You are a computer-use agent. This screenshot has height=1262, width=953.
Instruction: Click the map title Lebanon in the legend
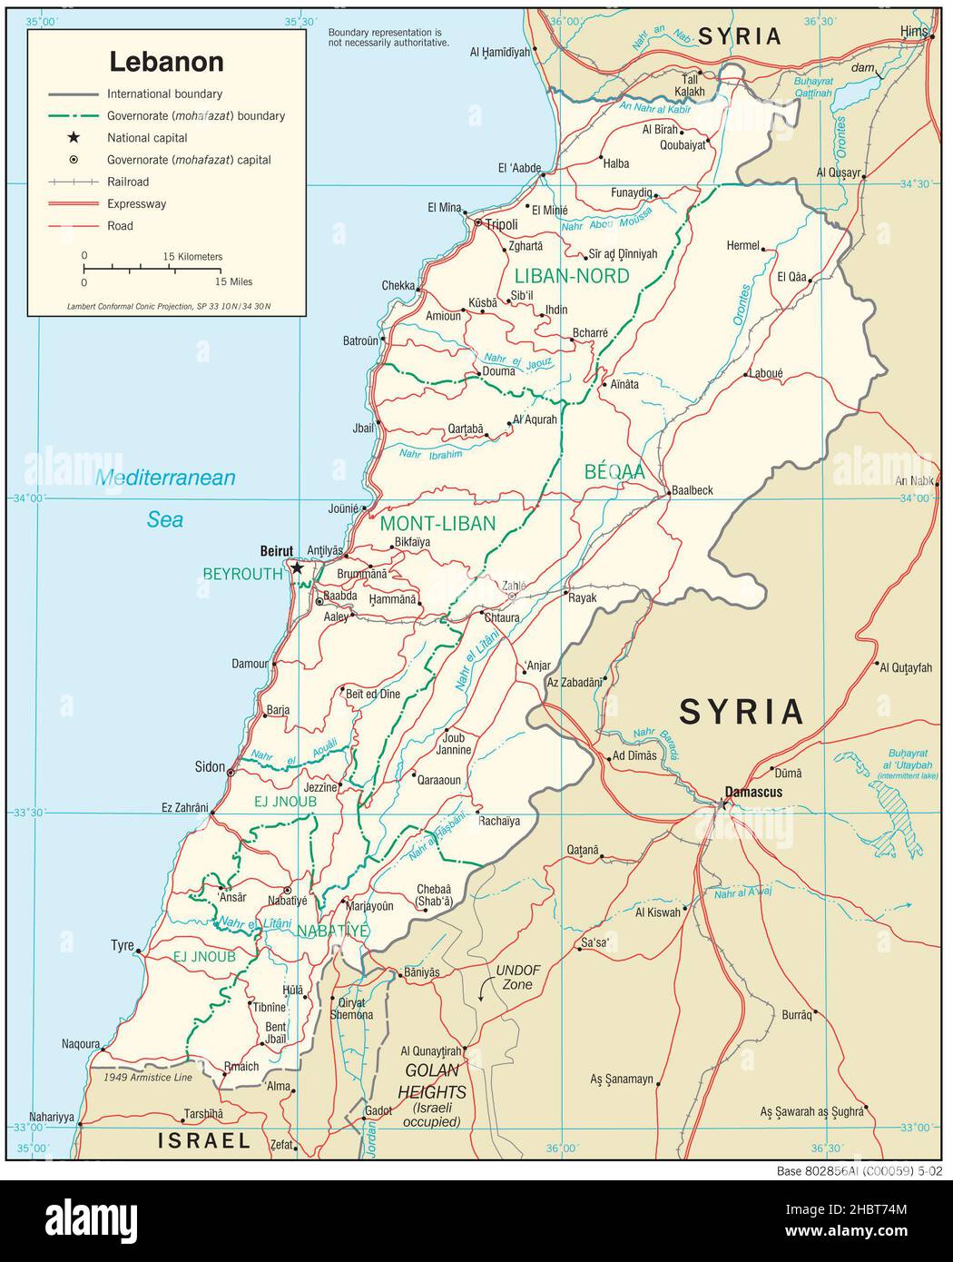tap(166, 61)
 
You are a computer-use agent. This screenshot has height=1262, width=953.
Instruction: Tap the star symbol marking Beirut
tap(297, 567)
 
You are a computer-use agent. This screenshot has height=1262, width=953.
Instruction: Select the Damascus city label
tap(753, 792)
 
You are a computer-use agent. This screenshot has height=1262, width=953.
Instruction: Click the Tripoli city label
tap(502, 224)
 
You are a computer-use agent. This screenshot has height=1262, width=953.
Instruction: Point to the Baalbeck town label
tap(692, 490)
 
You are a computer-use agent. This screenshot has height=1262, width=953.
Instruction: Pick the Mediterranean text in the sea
tap(166, 478)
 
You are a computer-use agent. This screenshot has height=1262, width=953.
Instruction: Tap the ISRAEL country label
tap(204, 1140)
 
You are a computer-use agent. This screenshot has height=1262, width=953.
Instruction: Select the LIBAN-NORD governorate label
tap(571, 276)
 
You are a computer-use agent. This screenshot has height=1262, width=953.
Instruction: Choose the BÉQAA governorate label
tap(614, 471)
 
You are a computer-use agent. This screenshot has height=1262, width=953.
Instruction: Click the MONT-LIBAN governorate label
tap(437, 523)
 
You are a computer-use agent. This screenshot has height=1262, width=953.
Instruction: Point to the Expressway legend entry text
tap(136, 204)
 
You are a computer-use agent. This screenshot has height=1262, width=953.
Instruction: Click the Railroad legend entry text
tap(128, 182)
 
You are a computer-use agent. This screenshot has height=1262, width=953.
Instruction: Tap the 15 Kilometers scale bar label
tap(192, 257)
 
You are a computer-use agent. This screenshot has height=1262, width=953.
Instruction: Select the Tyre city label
tap(122, 945)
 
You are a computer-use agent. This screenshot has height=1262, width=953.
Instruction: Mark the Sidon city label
tap(210, 767)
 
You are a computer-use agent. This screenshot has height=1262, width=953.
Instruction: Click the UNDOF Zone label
tap(517, 977)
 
